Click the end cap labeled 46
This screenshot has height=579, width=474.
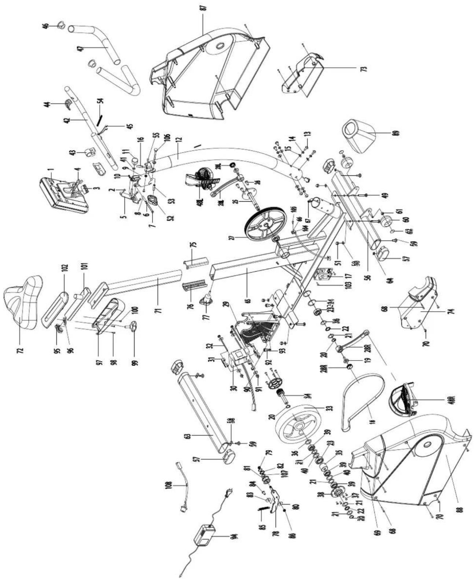(60, 25)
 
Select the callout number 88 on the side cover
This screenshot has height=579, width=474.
(460, 509)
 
